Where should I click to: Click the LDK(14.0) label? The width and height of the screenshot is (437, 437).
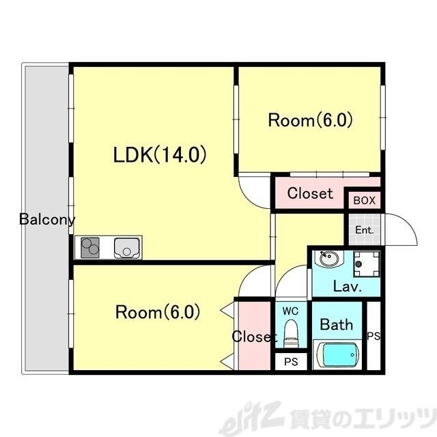point(160,155)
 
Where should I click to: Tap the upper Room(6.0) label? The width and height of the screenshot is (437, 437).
point(310,121)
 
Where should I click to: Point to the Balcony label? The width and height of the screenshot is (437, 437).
point(47,220)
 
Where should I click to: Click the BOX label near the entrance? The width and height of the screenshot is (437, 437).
point(364,201)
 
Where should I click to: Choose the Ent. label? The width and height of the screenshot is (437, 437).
point(364,230)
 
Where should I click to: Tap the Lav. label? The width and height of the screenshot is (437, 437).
point(347,287)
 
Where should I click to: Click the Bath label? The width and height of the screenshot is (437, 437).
point(337,324)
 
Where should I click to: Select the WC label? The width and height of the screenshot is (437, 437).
point(291,311)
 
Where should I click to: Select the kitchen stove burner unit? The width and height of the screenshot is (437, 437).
point(90,247)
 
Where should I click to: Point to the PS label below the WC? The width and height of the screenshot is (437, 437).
point(291,362)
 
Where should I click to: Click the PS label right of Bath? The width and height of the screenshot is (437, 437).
point(373,336)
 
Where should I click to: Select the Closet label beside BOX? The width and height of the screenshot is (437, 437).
point(310,193)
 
